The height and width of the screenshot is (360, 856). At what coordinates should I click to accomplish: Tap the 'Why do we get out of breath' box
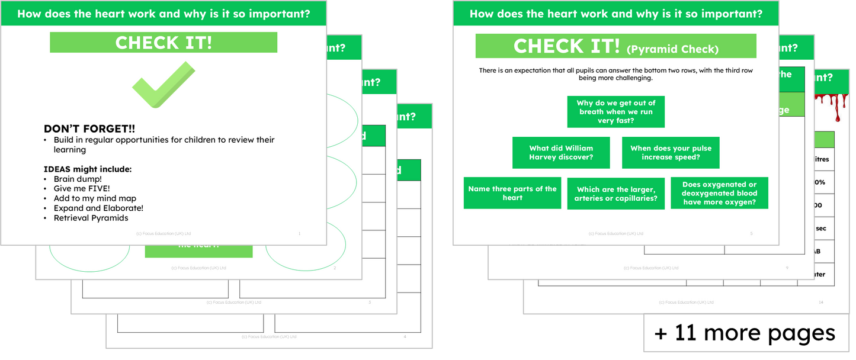[x=615, y=112]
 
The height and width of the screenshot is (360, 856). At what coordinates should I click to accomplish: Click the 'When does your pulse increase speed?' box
[x=671, y=153]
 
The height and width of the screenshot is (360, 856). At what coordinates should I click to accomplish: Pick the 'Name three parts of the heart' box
[x=512, y=193]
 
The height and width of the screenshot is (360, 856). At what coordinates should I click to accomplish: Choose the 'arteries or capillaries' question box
[x=615, y=194]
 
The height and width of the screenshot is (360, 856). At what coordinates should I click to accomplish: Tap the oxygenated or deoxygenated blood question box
[x=719, y=193]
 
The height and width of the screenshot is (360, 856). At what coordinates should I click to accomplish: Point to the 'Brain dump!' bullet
[x=78, y=179]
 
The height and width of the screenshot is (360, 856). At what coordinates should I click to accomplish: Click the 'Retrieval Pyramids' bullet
[x=91, y=218]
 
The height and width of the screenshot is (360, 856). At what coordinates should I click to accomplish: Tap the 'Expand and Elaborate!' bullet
[x=98, y=208]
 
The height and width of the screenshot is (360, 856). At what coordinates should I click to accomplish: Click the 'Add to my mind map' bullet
[x=95, y=198]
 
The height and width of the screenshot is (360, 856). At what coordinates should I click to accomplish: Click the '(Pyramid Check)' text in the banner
[x=672, y=49]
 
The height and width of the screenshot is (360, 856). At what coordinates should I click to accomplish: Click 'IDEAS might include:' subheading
[x=88, y=169]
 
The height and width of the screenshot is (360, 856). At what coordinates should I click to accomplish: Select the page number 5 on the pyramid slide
[x=751, y=234]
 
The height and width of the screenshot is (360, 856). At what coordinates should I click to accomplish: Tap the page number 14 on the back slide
[x=820, y=303]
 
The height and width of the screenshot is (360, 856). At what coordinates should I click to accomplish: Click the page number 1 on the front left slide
[x=299, y=234]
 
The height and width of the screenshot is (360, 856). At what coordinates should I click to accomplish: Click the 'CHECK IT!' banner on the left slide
[x=163, y=43]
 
